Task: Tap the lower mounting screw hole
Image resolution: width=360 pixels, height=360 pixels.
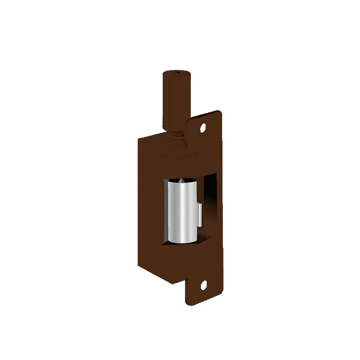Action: (x=203, y=287)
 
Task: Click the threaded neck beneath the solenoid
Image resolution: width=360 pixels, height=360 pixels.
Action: (x=175, y=134)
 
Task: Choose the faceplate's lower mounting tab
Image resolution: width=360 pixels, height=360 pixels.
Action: (x=203, y=288)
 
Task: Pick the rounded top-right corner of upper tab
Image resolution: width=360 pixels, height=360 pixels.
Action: (x=219, y=113)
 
